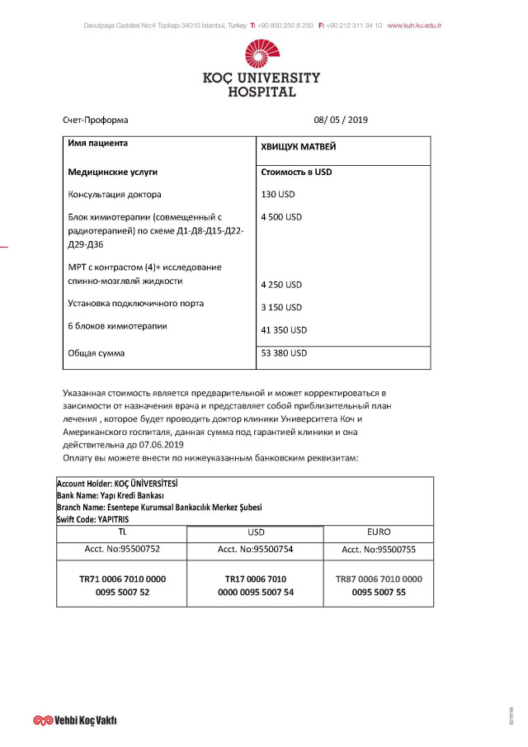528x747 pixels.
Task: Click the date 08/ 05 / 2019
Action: (341, 120)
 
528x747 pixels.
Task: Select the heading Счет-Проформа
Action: (96, 120)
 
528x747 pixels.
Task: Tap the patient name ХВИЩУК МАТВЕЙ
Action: (298, 147)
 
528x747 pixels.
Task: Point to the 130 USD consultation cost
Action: (277, 195)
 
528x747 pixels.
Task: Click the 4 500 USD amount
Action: (281, 217)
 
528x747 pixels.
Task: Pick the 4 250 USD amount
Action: (281, 285)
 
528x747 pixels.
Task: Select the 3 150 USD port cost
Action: (281, 307)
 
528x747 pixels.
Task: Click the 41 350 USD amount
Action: (284, 329)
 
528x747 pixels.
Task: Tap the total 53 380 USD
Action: (284, 353)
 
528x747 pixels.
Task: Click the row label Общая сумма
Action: (97, 353)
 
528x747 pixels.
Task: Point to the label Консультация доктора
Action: (115, 195)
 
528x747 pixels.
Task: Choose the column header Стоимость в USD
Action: (296, 173)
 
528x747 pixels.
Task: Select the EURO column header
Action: (379, 532)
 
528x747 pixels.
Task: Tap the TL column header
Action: (122, 532)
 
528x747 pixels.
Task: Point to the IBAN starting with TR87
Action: (379, 585)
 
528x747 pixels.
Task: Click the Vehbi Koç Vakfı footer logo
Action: (75, 720)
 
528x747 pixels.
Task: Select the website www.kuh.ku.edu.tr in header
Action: (414, 26)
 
